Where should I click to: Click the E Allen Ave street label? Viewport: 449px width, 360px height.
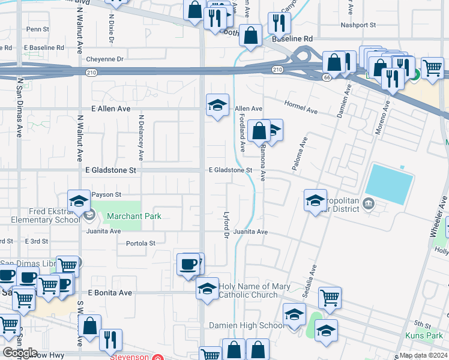[111, 109]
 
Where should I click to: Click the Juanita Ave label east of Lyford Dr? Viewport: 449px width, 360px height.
[250, 231]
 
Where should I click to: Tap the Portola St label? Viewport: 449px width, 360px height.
[141, 243]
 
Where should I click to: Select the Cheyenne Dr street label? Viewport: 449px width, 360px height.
[104, 59]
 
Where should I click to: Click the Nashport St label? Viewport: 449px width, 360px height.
[358, 25]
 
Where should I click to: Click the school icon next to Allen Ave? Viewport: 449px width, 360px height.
[217, 106]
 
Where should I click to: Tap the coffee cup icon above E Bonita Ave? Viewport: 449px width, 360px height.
[188, 264]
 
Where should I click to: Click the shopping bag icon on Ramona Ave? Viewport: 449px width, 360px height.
[259, 131]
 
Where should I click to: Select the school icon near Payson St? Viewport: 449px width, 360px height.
[79, 202]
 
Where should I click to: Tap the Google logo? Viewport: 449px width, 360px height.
[19, 353]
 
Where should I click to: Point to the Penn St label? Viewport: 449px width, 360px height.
[37, 29]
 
